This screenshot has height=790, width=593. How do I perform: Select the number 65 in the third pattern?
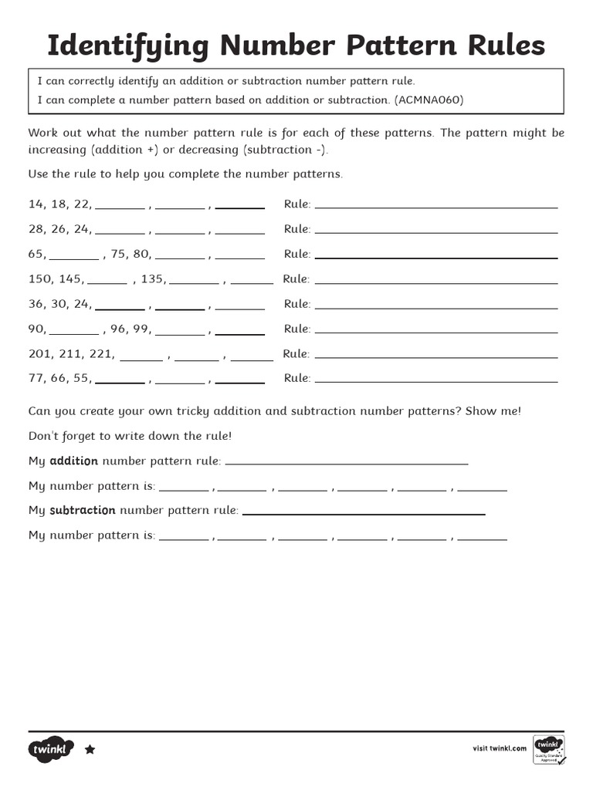36,254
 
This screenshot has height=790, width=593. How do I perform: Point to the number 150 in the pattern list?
39,279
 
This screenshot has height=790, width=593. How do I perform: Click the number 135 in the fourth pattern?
152,279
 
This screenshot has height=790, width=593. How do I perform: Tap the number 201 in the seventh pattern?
39,354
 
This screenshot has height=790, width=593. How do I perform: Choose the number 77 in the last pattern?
36,378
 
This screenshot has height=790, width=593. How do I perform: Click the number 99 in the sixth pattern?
141,329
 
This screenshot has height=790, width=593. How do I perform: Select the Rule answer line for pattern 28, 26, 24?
436,231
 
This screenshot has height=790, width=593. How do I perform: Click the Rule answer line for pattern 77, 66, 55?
436,380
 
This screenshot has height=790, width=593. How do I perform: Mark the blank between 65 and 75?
74,258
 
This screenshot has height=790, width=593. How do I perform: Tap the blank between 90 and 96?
74,333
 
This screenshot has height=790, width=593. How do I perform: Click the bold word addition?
73,461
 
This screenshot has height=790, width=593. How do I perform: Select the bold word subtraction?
83,511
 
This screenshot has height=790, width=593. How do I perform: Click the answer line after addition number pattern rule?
347,464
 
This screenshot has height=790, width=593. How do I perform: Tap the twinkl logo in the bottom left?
52,749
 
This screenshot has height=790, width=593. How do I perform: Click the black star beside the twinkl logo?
90,749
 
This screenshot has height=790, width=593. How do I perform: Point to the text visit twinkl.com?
500,748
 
